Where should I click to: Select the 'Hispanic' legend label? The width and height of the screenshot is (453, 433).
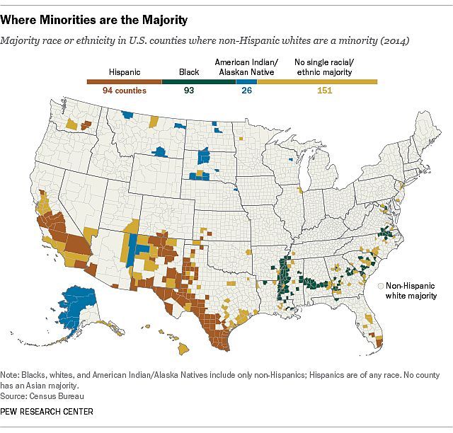pos(125,71)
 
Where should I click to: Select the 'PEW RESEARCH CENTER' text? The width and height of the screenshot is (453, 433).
pos(47,411)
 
